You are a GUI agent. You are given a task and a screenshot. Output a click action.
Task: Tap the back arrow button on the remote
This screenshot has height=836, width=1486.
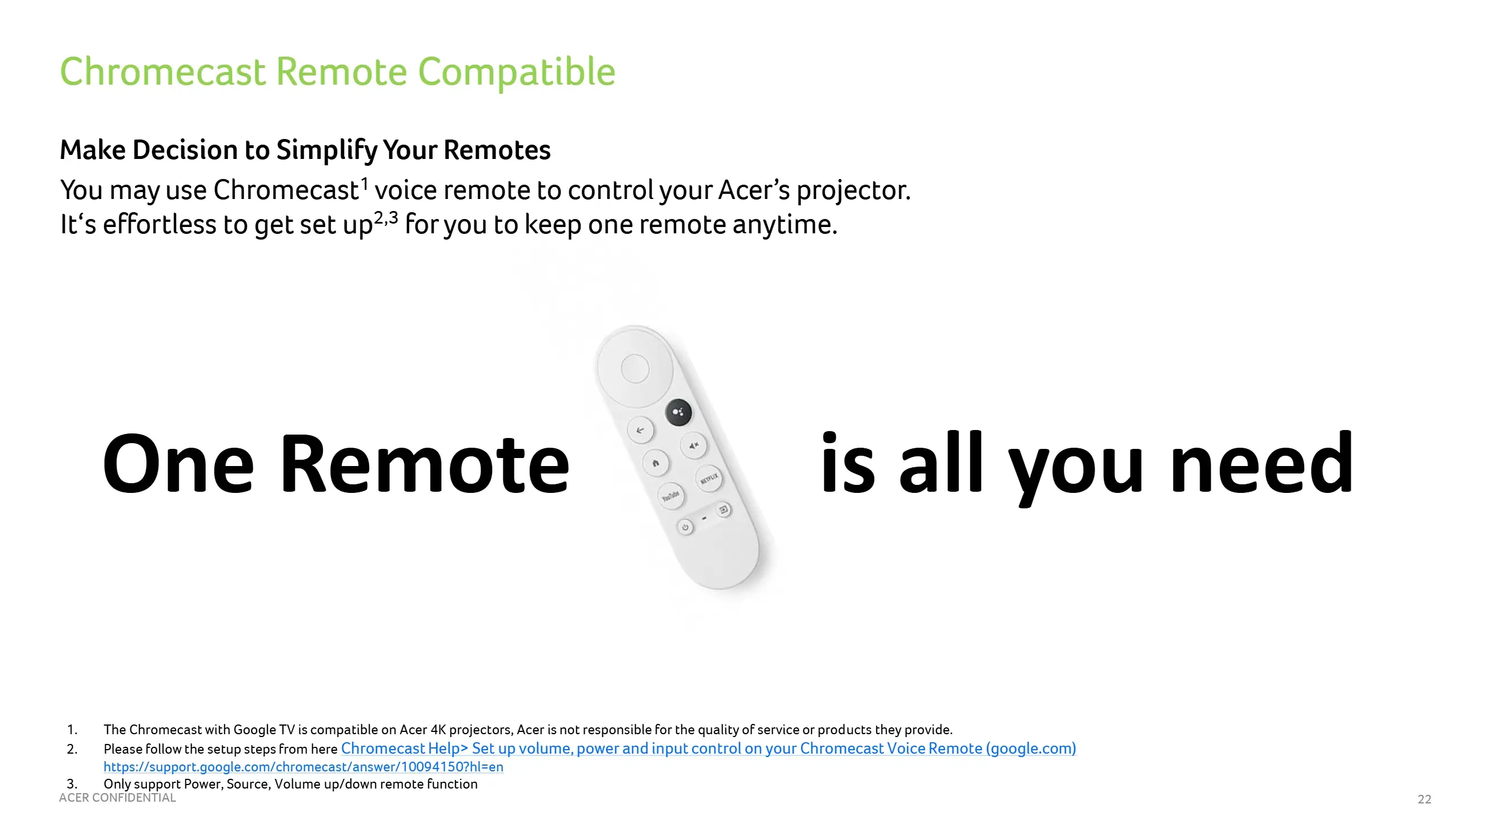[640, 430]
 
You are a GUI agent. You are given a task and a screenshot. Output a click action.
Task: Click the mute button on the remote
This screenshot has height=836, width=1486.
[693, 445]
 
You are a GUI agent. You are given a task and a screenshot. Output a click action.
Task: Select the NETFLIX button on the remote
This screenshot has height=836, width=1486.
[709, 478]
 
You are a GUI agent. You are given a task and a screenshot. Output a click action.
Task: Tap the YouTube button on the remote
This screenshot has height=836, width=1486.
[670, 496]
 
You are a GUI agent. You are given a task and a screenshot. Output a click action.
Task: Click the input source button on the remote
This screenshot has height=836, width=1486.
[723, 510]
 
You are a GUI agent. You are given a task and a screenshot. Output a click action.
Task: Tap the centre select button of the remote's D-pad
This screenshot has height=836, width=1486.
[634, 368]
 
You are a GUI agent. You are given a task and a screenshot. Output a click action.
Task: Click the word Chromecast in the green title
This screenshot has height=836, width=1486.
[163, 72]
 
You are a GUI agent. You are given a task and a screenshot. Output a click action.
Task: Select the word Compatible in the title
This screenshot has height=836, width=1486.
[516, 72]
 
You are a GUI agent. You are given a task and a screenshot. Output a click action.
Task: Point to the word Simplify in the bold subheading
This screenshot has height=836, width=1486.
[326, 150]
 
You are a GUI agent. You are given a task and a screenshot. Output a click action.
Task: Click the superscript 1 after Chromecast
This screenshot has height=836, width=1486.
[364, 184]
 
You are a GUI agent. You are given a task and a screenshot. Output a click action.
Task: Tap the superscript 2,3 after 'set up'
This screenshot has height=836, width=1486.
[385, 218]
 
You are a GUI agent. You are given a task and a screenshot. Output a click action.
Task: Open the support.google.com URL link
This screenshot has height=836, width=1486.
[303, 767]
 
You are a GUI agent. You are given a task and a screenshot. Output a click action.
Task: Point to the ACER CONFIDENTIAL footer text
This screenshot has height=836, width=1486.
[117, 798]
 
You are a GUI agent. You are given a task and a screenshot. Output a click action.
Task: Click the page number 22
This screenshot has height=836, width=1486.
[1424, 799]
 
